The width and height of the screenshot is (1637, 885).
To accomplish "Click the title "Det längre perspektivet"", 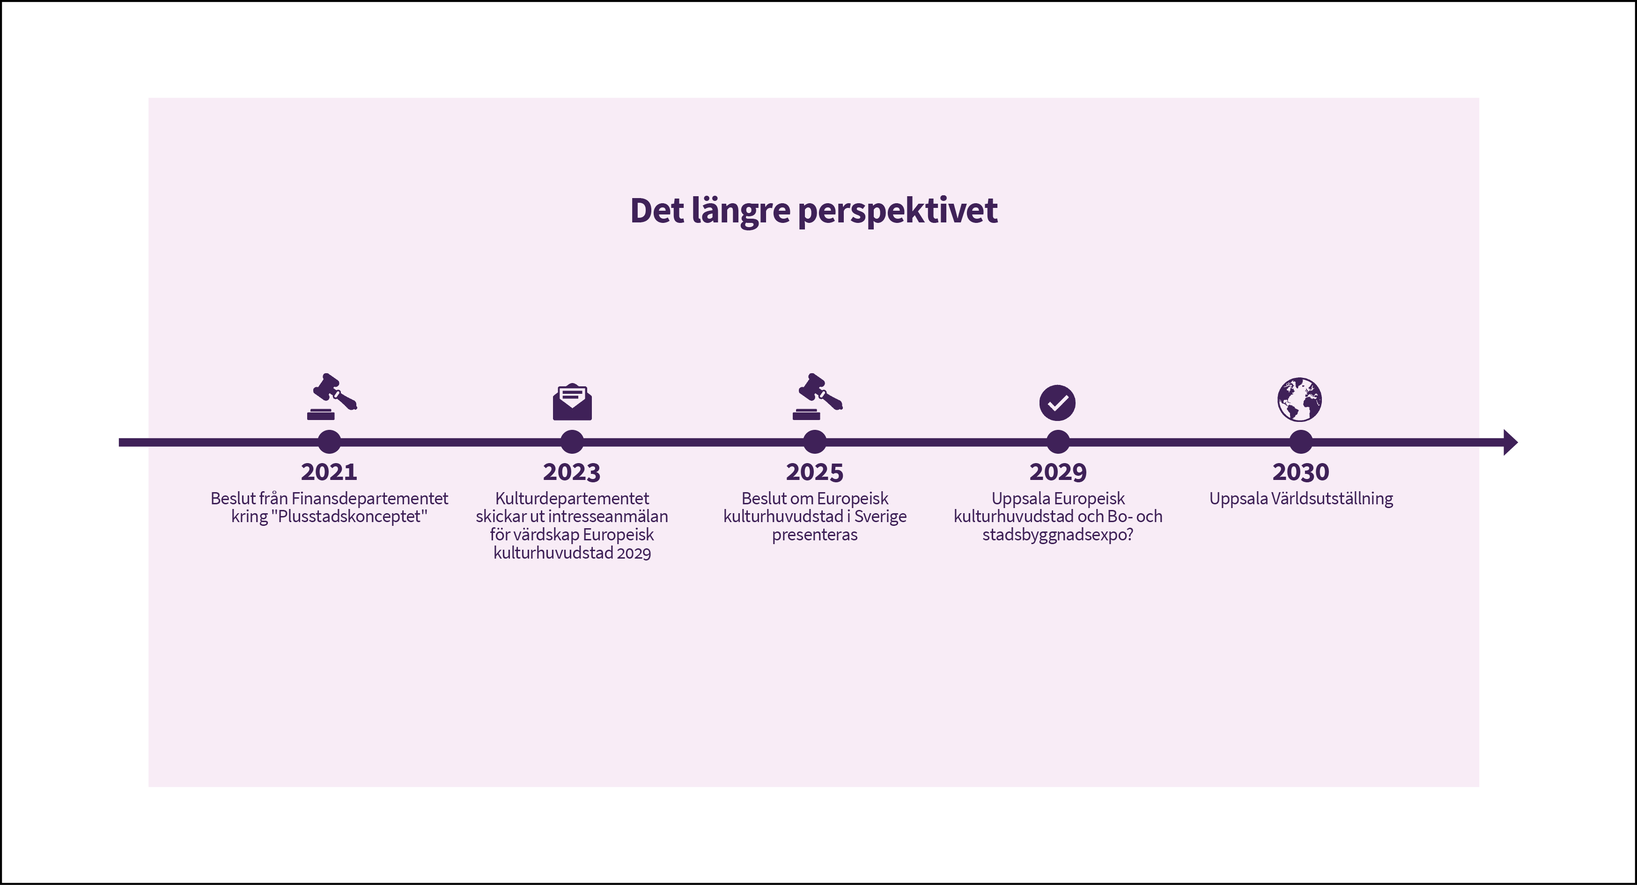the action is click(813, 211).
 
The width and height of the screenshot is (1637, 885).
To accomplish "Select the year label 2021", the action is click(329, 472).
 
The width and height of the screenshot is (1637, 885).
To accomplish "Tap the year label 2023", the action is click(572, 472).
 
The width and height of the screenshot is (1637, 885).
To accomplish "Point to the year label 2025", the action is click(815, 472).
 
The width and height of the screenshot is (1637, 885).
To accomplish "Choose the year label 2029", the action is click(1058, 472).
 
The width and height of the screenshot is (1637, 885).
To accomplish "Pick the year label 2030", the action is click(1301, 472).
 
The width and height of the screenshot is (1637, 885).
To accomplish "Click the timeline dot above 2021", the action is click(329, 442).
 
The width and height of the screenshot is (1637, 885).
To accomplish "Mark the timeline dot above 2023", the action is click(572, 442).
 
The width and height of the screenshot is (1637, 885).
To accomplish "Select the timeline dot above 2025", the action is click(815, 442).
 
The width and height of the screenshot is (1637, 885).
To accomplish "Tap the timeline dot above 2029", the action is click(1058, 442).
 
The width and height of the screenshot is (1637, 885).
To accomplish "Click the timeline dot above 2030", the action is click(1301, 442).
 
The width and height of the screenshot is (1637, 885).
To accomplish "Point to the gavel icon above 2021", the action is click(332, 397).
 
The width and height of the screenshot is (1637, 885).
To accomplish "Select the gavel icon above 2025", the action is click(817, 397).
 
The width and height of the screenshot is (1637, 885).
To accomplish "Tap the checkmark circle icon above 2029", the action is click(1057, 403).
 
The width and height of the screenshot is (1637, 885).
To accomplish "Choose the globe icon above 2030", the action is click(1300, 399).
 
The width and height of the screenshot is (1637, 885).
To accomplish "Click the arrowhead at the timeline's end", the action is click(1511, 442).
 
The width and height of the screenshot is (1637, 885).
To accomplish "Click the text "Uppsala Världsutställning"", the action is click(1301, 499).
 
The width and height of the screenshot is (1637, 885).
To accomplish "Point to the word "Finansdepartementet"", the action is click(370, 499).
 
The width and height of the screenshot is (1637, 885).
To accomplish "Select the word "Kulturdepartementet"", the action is click(572, 499).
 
